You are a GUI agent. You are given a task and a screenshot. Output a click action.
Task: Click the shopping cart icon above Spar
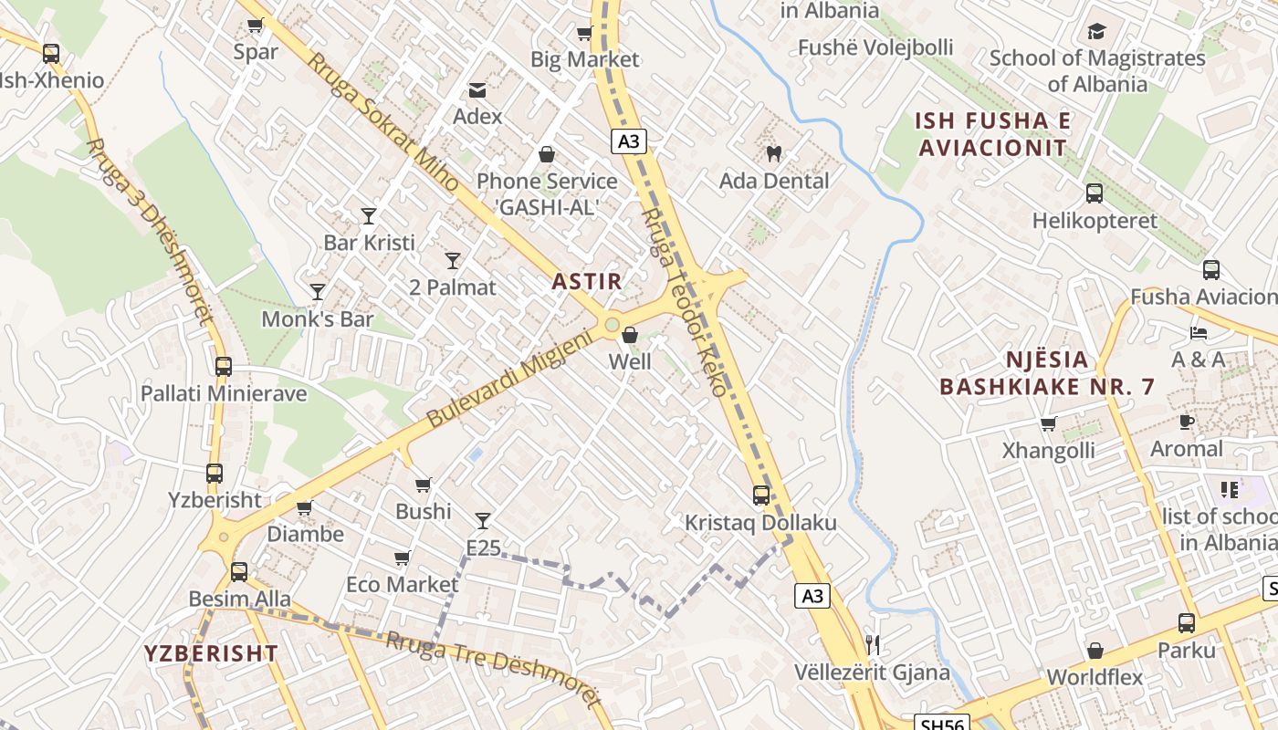[255, 26]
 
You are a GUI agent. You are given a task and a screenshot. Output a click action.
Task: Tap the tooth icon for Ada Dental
[773, 154]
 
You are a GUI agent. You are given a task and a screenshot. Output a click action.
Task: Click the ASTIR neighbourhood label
[587, 282]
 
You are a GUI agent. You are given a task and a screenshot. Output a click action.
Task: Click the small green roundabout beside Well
[612, 324]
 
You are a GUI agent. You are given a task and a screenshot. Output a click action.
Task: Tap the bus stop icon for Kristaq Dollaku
[760, 495]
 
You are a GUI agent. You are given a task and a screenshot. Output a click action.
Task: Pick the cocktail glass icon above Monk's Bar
[318, 292]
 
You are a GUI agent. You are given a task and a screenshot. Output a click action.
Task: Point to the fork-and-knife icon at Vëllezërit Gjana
[872, 645]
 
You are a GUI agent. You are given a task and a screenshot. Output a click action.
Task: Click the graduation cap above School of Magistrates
[1096, 32]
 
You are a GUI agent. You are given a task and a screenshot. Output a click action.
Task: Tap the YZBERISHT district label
[211, 653]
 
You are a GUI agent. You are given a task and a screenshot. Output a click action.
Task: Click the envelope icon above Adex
[477, 89]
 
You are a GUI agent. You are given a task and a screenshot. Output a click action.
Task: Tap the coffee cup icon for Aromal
[1186, 422]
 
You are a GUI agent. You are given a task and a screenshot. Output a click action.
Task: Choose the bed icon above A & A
[1199, 332]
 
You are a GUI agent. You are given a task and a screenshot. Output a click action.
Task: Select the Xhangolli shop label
[1048, 451]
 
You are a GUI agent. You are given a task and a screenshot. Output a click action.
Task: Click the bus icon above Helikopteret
[1094, 193]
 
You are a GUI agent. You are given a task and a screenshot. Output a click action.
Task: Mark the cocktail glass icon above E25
[483, 521]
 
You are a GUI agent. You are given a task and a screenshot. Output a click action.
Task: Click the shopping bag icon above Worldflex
[1095, 651]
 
